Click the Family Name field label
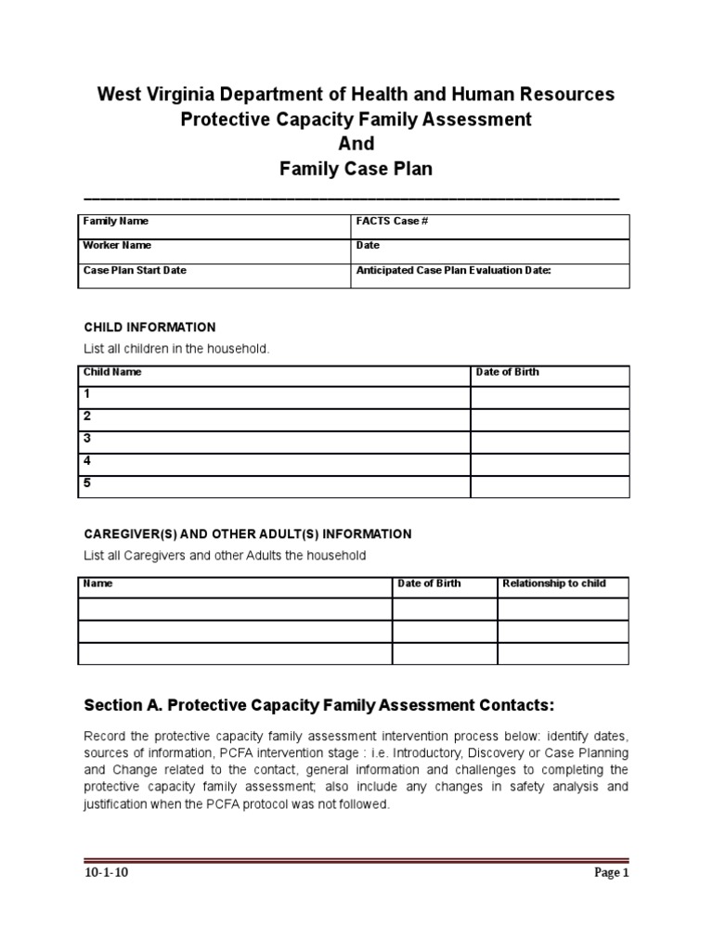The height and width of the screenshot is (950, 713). point(116,222)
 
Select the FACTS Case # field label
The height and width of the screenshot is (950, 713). point(392,222)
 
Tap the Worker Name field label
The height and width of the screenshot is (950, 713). point(117,246)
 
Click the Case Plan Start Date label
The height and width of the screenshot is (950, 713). point(135,271)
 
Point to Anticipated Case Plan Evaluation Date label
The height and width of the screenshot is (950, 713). point(454,271)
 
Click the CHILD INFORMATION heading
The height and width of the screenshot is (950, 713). point(149,327)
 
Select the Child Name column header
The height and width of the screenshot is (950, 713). point(112,372)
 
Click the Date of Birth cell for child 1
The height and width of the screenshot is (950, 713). point(550,397)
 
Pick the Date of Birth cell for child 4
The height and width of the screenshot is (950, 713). point(550,464)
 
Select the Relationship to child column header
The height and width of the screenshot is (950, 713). point(553,584)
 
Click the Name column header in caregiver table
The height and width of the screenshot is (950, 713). point(97,584)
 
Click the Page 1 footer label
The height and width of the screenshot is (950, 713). point(611,873)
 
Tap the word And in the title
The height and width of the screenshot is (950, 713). point(356,144)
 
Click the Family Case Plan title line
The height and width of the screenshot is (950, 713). point(356,169)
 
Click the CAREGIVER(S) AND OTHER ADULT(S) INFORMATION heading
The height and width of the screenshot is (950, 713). point(248,534)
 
